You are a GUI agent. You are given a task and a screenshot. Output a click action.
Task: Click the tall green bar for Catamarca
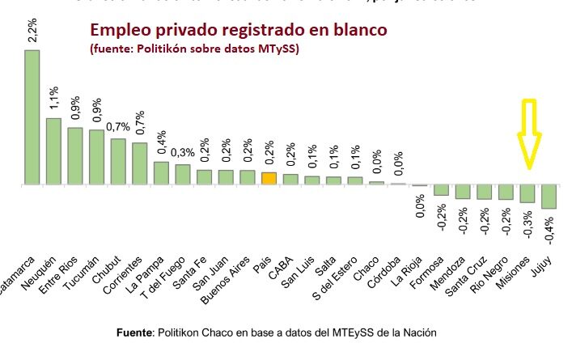(32, 117)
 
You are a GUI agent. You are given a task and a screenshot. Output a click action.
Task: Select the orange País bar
(269, 179)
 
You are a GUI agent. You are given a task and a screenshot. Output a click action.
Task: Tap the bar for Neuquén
(53, 151)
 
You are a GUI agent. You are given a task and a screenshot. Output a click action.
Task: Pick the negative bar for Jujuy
(549, 197)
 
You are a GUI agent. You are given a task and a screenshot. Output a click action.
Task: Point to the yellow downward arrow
(529, 133)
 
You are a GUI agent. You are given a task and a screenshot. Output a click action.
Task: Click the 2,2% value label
(32, 30)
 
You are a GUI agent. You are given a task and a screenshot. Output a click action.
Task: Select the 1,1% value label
(53, 99)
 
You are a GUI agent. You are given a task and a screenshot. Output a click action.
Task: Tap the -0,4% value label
(550, 233)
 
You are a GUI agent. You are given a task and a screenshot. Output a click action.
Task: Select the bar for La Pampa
(161, 173)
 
